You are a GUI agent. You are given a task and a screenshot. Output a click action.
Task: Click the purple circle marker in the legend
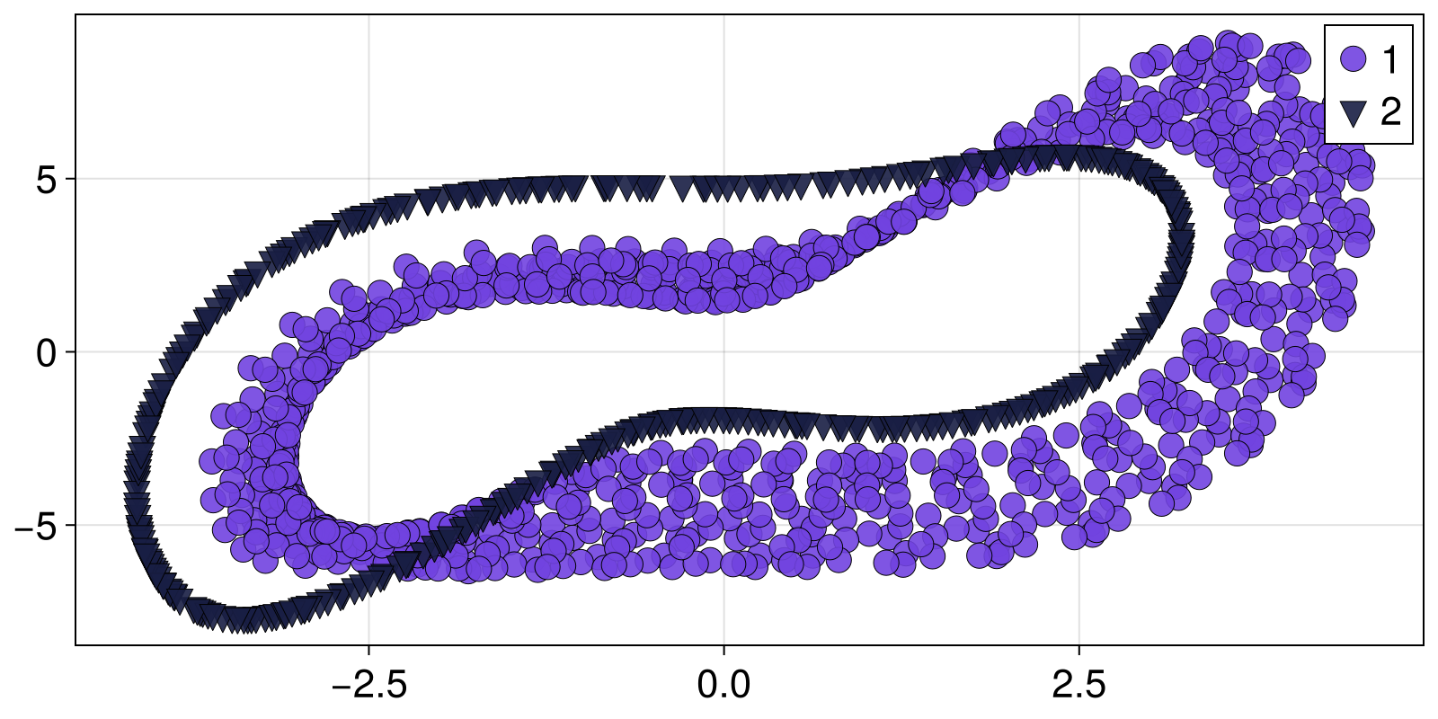[x=1353, y=60]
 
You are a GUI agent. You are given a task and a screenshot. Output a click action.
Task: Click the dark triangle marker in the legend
[x=1353, y=112]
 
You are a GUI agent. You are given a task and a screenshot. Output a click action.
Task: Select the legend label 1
[x=1389, y=60]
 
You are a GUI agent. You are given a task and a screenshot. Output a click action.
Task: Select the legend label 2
[x=1390, y=112]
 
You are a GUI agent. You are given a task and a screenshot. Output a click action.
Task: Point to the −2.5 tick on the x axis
[x=369, y=686]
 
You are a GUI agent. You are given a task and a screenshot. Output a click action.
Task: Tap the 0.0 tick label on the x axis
[x=723, y=686]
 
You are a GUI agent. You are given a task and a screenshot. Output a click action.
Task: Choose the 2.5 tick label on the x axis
[x=1078, y=686]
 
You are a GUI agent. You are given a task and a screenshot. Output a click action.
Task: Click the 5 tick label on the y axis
[x=47, y=179]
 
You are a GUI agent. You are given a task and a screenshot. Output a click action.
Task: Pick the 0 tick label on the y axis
[x=47, y=352]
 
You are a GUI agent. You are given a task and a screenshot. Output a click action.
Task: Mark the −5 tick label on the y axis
[x=36, y=525]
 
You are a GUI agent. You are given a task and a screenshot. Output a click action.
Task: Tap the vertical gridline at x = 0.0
[x=723, y=90]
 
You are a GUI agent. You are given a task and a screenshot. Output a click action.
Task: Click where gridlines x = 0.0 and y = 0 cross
[x=723, y=352]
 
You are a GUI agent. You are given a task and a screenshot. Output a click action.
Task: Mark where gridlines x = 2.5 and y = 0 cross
[x=1078, y=352]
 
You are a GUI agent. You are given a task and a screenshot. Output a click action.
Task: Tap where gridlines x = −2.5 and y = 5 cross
[x=369, y=179]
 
